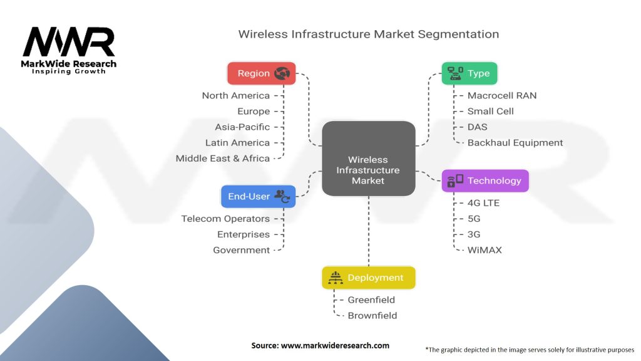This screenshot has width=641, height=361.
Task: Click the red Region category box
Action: click(261, 73)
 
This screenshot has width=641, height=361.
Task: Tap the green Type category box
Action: click(469, 73)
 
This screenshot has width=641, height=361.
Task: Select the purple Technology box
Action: click(485, 180)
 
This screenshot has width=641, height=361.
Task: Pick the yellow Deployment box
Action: click(368, 278)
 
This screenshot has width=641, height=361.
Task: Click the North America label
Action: click(236, 96)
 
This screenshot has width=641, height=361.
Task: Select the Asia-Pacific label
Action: click(242, 127)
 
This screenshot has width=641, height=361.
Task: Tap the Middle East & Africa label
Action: click(223, 159)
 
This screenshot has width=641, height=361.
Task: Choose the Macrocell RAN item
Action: click(502, 96)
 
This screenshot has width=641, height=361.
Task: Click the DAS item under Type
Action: click(478, 127)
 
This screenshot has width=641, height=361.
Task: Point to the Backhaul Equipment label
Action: click(515, 143)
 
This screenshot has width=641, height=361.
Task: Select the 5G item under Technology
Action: click(474, 219)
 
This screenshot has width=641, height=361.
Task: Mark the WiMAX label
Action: click(485, 250)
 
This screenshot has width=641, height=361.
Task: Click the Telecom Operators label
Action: click(225, 219)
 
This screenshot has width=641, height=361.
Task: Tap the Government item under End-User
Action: click(242, 250)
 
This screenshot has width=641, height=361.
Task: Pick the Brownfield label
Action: click(372, 316)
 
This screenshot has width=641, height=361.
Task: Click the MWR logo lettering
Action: click(69, 43)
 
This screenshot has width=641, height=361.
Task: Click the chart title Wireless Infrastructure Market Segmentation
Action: click(368, 34)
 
